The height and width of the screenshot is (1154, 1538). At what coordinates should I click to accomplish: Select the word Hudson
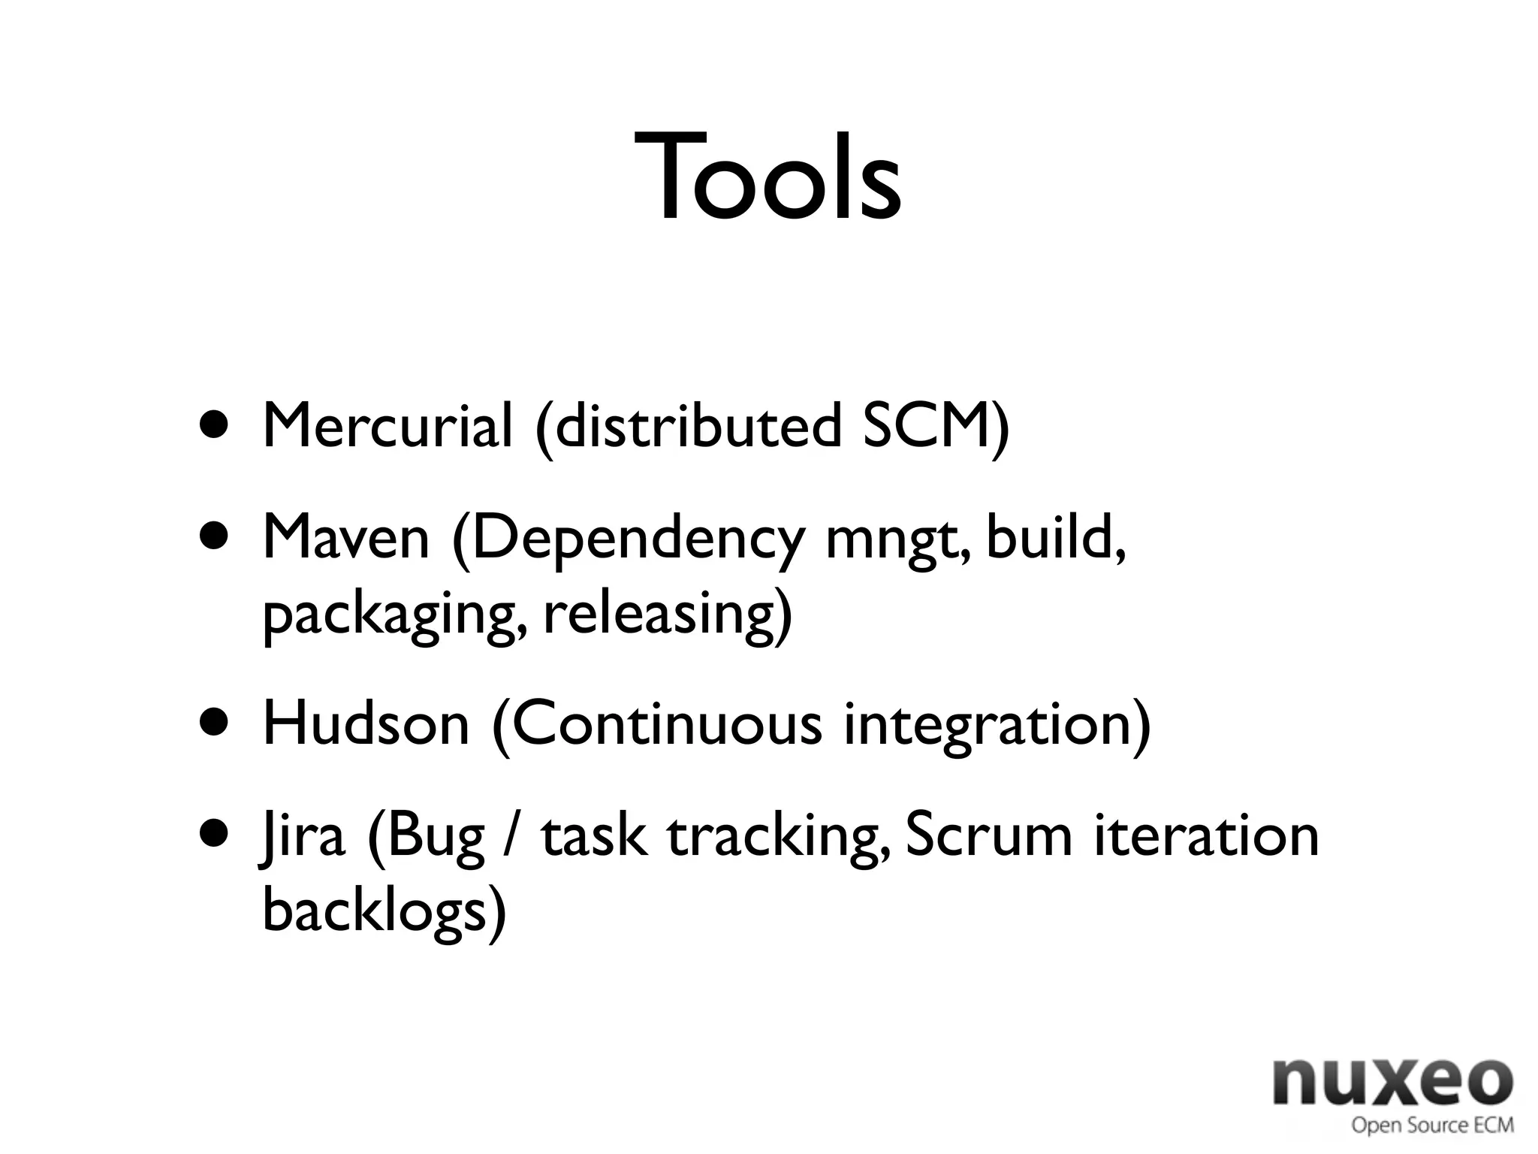[x=366, y=724]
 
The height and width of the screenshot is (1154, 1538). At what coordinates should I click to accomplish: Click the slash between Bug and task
[x=512, y=837]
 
